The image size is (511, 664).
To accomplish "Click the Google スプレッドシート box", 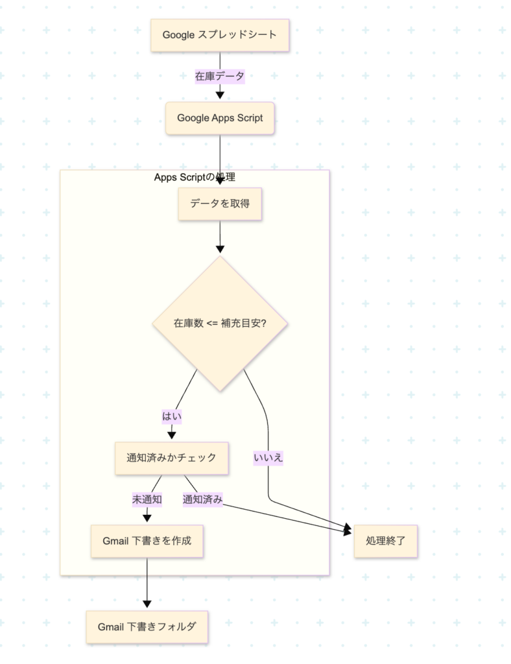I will [220, 35].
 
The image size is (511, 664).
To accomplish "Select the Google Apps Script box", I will [220, 118].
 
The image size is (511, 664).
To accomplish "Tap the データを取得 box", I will [220, 204].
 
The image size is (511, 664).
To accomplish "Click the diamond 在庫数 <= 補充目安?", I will [220, 323].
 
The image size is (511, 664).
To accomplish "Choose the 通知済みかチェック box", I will [171, 458].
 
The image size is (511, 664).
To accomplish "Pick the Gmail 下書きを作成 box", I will [147, 541].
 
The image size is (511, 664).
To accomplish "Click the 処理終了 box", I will [385, 540].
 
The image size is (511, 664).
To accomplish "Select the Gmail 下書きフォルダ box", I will [147, 627].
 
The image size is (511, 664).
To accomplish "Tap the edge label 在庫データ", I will [220, 76].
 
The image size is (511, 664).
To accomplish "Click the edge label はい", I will [172, 416].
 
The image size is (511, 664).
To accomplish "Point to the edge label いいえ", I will [268, 458].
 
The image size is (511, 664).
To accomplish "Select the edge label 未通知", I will [147, 499].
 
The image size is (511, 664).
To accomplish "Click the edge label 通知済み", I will [203, 499].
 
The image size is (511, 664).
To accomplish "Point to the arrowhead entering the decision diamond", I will [220, 249].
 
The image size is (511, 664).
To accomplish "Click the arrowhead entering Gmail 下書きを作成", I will [147, 518].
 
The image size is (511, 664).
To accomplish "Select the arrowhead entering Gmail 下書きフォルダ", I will [147, 604].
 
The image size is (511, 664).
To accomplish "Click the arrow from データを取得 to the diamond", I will [220, 233].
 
